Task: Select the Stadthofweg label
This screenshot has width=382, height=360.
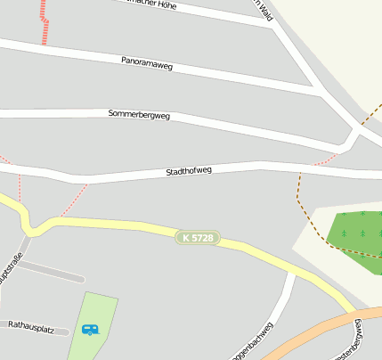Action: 189,170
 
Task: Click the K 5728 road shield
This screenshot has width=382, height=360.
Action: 197,238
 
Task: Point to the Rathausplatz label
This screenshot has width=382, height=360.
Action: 31,329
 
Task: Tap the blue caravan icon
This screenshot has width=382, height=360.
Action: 90,330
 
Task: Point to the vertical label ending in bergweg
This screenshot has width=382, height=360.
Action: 358,340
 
